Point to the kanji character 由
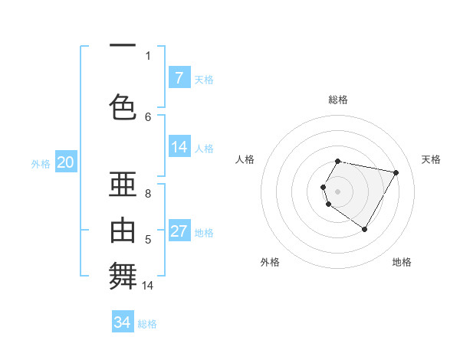tap(123, 229)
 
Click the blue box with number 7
tap(179, 78)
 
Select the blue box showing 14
tap(179, 147)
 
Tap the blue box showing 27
tap(179, 231)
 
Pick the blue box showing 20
tap(65, 162)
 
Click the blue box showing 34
tap(122, 322)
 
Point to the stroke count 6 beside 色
tap(148, 116)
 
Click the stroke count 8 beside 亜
tap(148, 195)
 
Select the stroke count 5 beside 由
tap(148, 240)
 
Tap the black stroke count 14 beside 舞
tap(148, 286)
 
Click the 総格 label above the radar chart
tap(338, 100)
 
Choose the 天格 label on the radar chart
tap(431, 159)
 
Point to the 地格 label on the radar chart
tap(402, 262)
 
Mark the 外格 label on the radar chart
tap(270, 262)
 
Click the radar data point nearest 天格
tap(396, 173)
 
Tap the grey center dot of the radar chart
tap(338, 191)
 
